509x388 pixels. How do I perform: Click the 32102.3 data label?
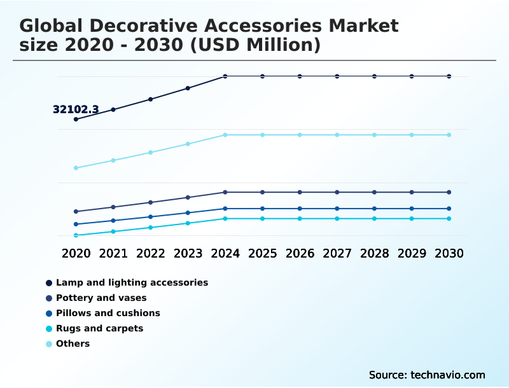pyautogui.click(x=76, y=109)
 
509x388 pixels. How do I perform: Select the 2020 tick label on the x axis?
pyautogui.click(x=76, y=253)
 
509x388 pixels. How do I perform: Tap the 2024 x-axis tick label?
pyautogui.click(x=225, y=253)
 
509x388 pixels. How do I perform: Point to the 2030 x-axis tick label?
pyautogui.click(x=449, y=253)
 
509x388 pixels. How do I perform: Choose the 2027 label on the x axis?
pyautogui.click(x=337, y=253)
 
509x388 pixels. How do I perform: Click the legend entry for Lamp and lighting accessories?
pyautogui.click(x=132, y=282)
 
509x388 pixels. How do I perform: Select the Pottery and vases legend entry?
pyautogui.click(x=101, y=298)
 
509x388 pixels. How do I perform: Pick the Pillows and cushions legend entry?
pyautogui.click(x=108, y=313)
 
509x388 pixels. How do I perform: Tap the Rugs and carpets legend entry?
pyautogui.click(x=99, y=328)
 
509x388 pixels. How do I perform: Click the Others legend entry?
pyautogui.click(x=73, y=343)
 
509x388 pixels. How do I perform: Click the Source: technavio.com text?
pyautogui.click(x=427, y=375)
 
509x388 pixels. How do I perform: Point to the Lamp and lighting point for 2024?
pyautogui.click(x=225, y=76)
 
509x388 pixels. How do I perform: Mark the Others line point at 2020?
pyautogui.click(x=76, y=168)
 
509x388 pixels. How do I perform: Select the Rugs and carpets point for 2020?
pyautogui.click(x=76, y=235)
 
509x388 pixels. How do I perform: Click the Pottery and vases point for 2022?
pyautogui.click(x=151, y=202)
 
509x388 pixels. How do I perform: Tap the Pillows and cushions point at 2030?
pyautogui.click(x=449, y=209)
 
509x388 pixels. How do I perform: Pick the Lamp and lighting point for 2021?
pyautogui.click(x=113, y=109)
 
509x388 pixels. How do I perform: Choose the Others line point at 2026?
pyautogui.click(x=300, y=135)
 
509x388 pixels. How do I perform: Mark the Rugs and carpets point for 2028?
pyautogui.click(x=374, y=219)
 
